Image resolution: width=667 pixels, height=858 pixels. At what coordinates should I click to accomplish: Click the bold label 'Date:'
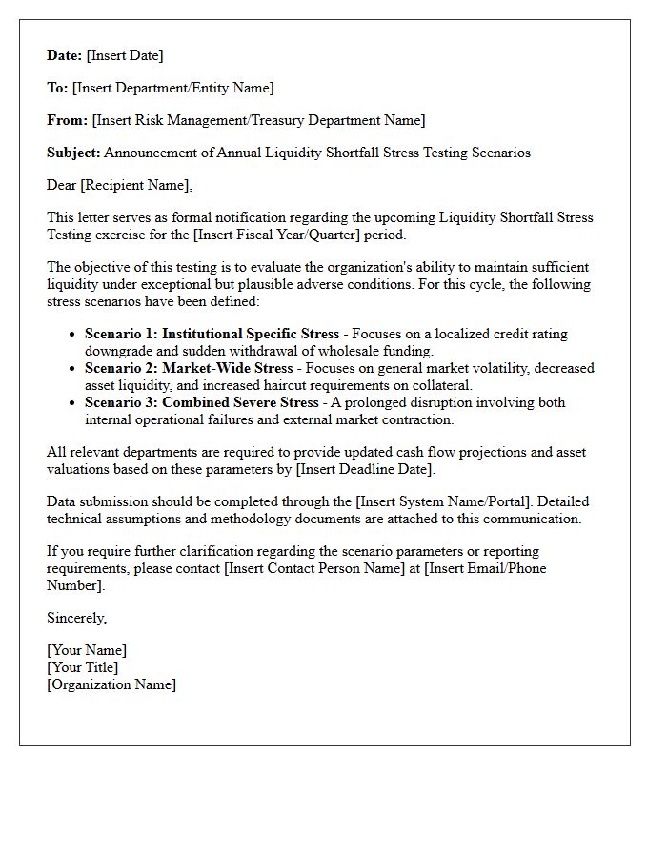[x=65, y=55]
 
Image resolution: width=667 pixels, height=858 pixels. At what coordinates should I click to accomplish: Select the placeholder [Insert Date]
[x=125, y=55]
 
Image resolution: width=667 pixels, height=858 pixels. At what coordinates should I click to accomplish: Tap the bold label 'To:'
[x=57, y=88]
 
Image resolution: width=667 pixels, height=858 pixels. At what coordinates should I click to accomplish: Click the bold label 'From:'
[x=67, y=120]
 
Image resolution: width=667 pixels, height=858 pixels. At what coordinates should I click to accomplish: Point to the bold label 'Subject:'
[x=73, y=153]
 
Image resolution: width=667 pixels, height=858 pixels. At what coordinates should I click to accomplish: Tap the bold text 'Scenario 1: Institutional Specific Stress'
[x=212, y=334]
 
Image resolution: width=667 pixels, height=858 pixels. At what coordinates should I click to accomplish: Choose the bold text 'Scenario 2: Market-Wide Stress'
[x=188, y=368]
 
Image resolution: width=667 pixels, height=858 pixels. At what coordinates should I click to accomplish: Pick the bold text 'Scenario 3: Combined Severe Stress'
[x=202, y=402]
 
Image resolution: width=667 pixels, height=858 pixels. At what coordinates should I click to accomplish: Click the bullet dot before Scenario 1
[x=73, y=335]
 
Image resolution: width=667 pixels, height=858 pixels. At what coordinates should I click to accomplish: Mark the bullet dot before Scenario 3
[x=73, y=403]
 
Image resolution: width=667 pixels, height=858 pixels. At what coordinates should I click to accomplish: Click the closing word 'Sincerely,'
[x=77, y=618]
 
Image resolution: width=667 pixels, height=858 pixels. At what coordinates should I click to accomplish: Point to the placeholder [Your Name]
[x=87, y=650]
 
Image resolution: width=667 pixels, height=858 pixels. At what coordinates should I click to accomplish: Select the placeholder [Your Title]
[x=83, y=667]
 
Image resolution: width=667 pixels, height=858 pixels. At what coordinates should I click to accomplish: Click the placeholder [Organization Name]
[x=111, y=684]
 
